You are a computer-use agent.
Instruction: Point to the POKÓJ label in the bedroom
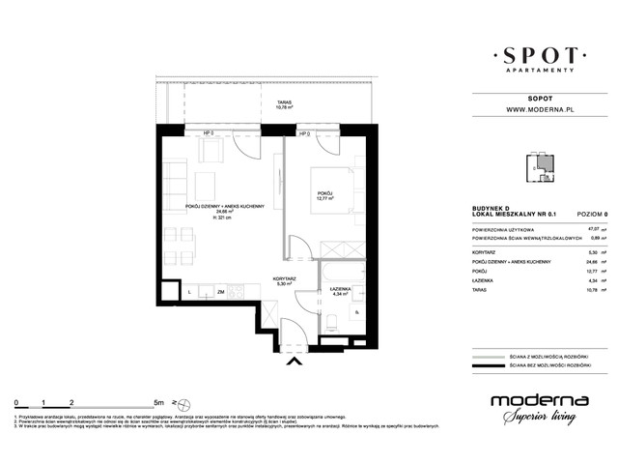(324, 197)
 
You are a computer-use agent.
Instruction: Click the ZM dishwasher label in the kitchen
(221, 291)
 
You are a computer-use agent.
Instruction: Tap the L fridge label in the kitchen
(189, 291)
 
